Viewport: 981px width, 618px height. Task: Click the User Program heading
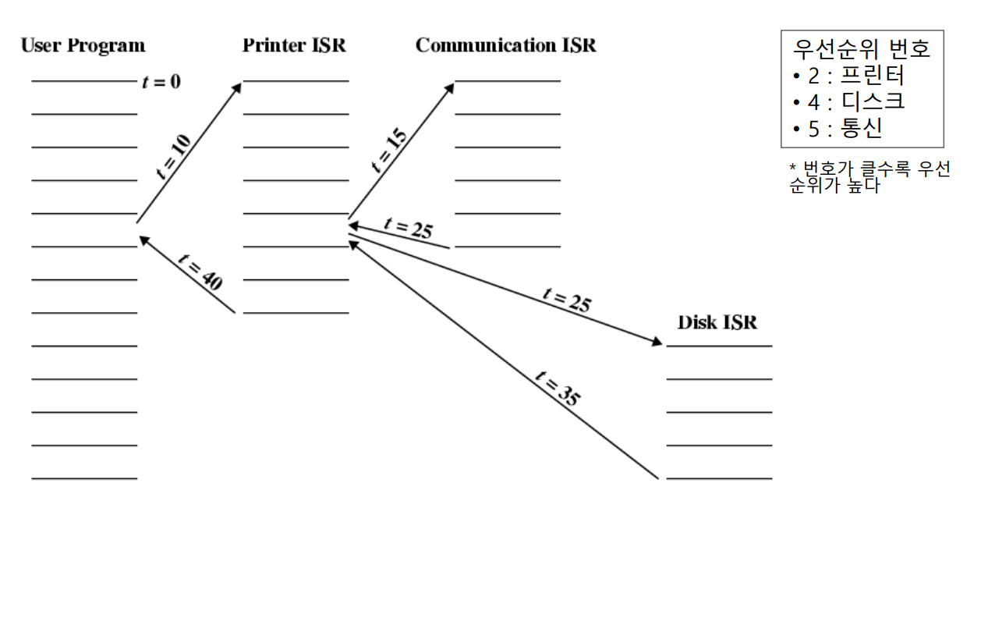[83, 45]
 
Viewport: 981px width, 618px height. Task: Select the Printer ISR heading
[294, 45]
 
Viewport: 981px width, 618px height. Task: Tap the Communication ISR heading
[505, 45]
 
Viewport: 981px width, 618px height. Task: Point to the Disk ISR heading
[717, 322]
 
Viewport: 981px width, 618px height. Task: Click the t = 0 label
[161, 81]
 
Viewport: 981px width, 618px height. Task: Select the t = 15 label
[388, 151]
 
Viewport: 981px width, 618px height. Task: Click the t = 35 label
[557, 388]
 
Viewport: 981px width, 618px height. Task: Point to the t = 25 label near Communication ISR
[408, 229]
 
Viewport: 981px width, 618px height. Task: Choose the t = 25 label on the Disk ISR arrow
[566, 300]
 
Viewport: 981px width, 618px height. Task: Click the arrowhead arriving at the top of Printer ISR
[237, 86]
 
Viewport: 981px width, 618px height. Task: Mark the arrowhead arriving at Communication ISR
[449, 86]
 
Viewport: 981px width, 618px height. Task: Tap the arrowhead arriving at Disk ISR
[657, 342]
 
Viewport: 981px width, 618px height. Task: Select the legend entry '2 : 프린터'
[848, 76]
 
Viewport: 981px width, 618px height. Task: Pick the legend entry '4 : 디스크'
[848, 102]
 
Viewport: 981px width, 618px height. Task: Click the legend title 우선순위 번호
[861, 49]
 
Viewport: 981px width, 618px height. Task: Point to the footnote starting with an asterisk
[869, 178]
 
